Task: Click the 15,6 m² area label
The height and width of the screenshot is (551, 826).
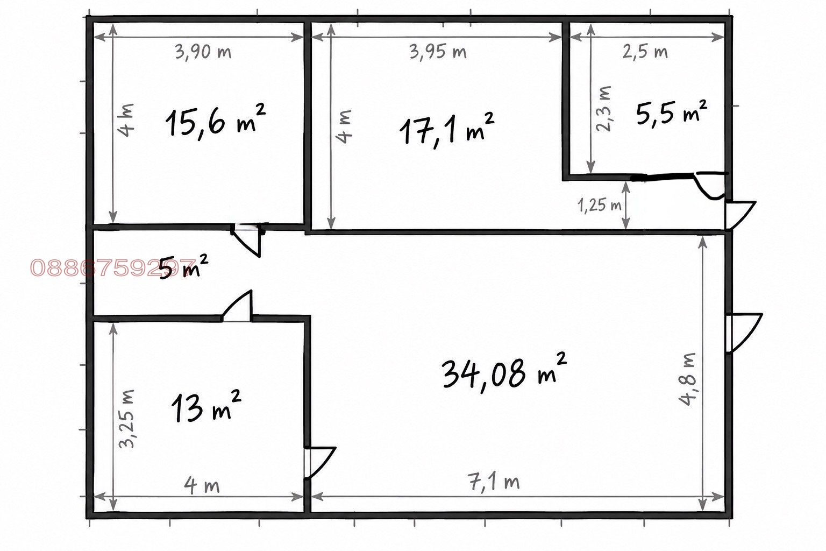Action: [x=215, y=122]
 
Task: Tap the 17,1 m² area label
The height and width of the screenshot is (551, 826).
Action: [x=447, y=129]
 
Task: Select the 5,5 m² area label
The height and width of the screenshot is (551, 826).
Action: [x=671, y=112]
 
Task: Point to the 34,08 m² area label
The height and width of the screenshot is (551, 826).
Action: [x=504, y=373]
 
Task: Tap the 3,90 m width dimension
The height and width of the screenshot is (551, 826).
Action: [x=203, y=52]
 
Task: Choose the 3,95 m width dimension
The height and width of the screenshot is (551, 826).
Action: [x=438, y=52]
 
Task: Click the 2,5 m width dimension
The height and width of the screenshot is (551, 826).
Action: [x=645, y=52]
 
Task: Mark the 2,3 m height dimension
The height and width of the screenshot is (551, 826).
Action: [x=604, y=109]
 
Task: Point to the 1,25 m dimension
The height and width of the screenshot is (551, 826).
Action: [x=600, y=205]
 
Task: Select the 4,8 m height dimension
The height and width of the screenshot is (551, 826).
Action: [x=687, y=379]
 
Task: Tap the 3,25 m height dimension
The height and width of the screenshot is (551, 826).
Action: [x=127, y=419]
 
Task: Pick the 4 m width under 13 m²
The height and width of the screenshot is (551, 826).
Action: [x=202, y=485]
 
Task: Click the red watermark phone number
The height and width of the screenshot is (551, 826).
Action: [x=112, y=267]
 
